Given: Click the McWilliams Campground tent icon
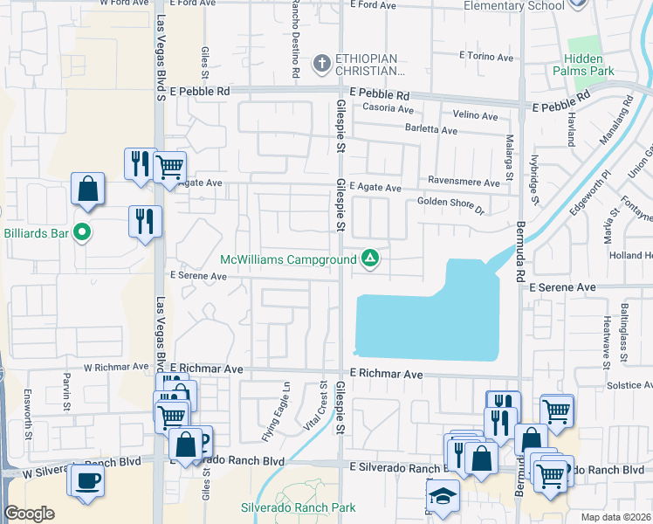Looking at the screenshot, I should click(x=370, y=258).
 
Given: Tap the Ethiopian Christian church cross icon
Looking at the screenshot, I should click(x=321, y=63).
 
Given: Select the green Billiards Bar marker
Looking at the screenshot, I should click(x=82, y=232).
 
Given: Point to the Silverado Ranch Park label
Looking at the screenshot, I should click(x=299, y=507).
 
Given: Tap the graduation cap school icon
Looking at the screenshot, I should click(x=443, y=497).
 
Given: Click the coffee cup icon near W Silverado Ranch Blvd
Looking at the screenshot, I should click(x=86, y=480).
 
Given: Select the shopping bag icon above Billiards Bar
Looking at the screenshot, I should click(x=87, y=190).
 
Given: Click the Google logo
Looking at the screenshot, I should click(x=29, y=514).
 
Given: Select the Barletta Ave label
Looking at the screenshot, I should click(x=430, y=131).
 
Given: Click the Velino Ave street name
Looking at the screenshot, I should click(x=475, y=115).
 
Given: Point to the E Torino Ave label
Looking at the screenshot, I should click(x=486, y=55).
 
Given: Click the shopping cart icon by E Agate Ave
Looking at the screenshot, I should click(x=169, y=165).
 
